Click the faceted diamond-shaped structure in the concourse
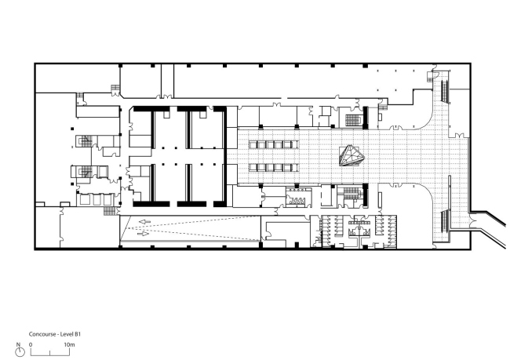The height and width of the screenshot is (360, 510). [352, 156]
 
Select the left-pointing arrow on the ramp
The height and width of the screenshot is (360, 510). [144, 222]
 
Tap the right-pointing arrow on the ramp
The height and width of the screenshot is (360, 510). [143, 234]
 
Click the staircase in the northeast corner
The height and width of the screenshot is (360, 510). [445, 92]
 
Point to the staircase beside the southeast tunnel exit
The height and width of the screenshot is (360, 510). [445, 222]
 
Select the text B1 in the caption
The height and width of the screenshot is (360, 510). [78, 334]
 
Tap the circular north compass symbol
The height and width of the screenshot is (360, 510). [20, 352]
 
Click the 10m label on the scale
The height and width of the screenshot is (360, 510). [69, 344]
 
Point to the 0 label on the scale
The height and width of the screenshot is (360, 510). [31, 344]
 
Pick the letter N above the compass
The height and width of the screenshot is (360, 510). [18, 344]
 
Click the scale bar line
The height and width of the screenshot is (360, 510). [50, 355]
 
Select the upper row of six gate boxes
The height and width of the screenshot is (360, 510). [274, 144]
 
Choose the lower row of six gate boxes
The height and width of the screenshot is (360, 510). [274, 168]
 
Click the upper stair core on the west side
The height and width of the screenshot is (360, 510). [84, 141]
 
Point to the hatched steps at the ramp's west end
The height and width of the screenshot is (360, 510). [110, 211]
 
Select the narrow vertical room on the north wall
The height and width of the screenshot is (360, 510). [167, 80]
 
